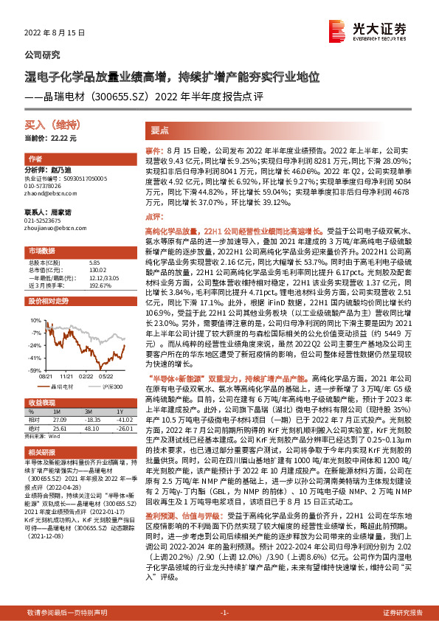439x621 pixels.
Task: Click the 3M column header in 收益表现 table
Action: (88, 412)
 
